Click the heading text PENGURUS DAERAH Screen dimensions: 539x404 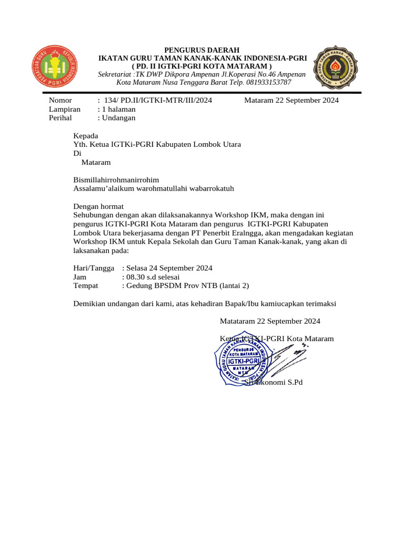(203, 49)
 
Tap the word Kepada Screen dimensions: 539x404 (86, 135)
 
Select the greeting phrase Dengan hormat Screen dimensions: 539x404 (98, 206)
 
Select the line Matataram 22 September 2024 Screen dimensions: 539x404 (269, 321)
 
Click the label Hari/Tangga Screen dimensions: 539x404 (93, 268)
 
